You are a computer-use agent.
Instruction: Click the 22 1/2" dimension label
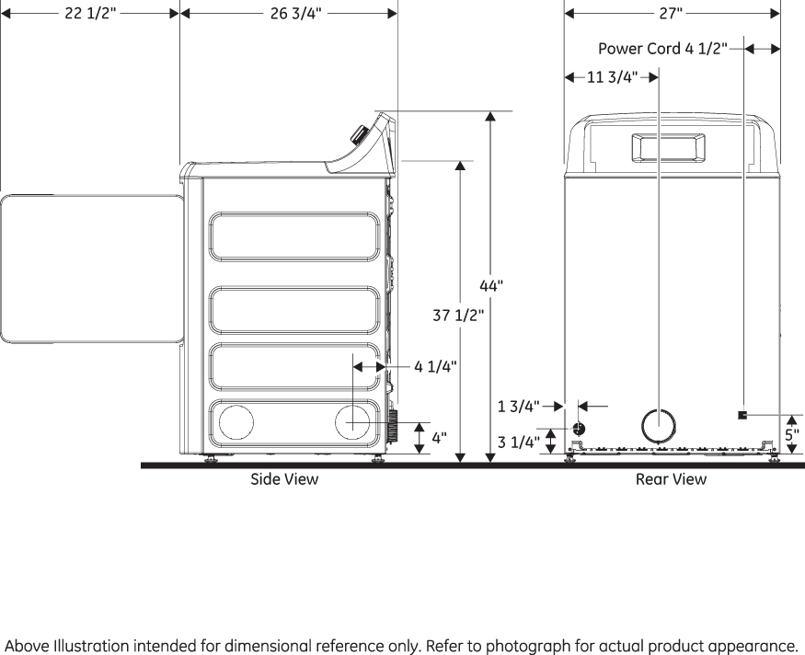point(89,15)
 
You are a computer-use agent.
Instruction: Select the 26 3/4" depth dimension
point(295,15)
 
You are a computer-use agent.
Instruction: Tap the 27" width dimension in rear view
point(671,14)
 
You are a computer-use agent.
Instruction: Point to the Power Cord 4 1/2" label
point(662,49)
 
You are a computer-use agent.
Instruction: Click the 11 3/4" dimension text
point(612,77)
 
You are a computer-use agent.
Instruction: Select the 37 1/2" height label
point(457,316)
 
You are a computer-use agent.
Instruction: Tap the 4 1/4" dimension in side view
point(435,366)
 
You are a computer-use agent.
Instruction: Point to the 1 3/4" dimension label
point(518,405)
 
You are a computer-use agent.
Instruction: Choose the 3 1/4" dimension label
point(519,442)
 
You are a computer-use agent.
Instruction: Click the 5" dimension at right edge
point(791,434)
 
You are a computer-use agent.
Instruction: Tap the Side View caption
point(284,479)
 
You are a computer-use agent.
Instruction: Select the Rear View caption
point(671,479)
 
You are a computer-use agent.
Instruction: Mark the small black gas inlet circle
point(579,429)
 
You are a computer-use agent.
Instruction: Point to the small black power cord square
point(742,415)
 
